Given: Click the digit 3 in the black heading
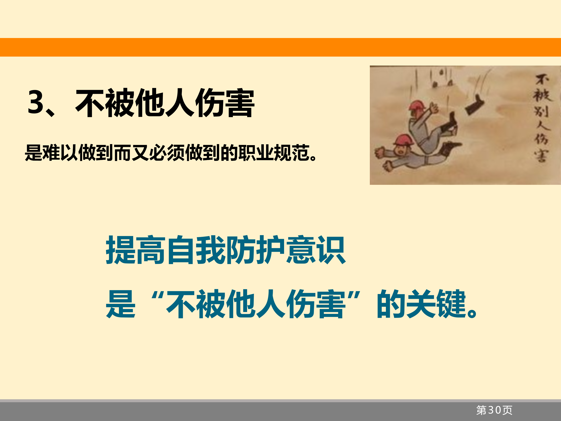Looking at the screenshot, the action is [x=35, y=102].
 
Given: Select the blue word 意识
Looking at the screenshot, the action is [x=315, y=250].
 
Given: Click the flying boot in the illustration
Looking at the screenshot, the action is [x=474, y=105].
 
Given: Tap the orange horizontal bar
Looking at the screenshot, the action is [x=280, y=47].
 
